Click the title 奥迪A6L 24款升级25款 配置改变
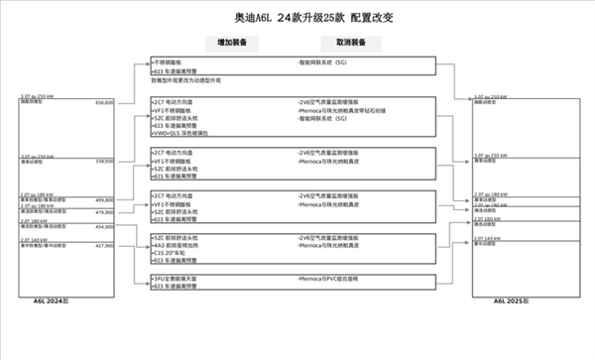(x=298, y=18)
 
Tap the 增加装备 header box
(x=233, y=43)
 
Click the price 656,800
(x=104, y=102)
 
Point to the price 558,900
(x=104, y=161)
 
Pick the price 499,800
(x=104, y=199)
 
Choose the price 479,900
(x=104, y=212)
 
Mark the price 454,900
(x=104, y=227)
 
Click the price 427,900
(x=104, y=246)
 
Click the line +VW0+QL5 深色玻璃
(x=184, y=133)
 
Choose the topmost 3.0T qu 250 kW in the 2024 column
(x=37, y=97)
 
